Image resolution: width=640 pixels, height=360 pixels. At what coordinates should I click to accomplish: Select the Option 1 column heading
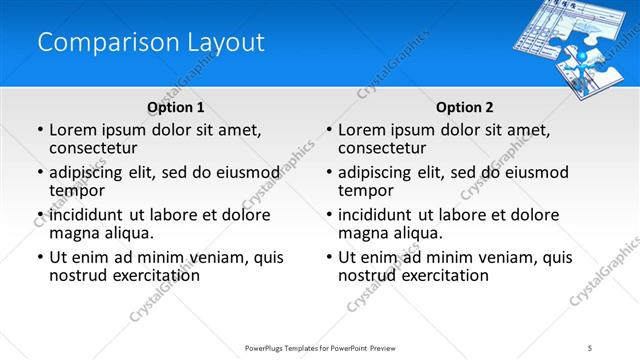pos(175,107)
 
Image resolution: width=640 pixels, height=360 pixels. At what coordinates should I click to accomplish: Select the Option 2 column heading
pos(464,107)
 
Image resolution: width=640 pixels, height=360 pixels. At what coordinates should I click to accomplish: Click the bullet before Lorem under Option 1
pos(39,130)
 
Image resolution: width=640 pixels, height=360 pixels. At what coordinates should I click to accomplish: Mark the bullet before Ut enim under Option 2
pos(328,257)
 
